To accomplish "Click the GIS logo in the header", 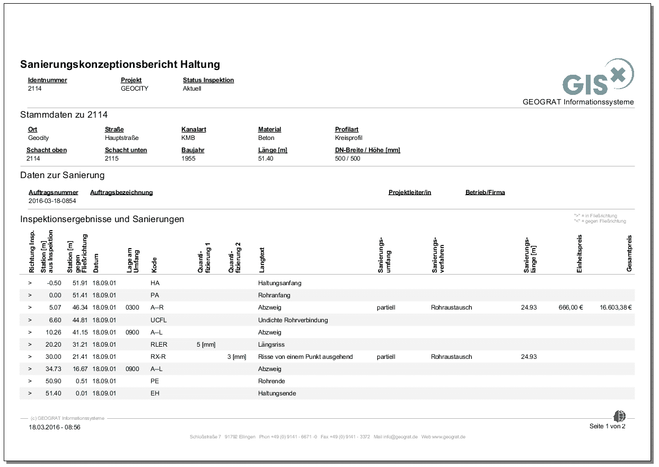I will [598, 78].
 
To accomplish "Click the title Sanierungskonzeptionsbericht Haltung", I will [120, 65].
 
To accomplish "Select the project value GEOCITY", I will [135, 89].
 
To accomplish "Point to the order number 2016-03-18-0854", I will [52, 201].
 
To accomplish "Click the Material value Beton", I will [266, 138].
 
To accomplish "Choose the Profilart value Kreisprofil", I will [349, 138].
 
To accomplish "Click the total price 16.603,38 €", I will [617, 307].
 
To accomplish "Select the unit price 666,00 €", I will [570, 307].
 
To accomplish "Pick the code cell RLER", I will [159, 345].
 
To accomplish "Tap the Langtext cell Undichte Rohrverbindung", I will [293, 320].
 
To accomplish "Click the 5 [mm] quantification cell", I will [206, 345].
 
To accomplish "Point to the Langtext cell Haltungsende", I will [277, 393].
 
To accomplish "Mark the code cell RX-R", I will [159, 357].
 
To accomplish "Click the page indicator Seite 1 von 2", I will [607, 427].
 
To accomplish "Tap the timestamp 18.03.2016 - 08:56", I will [55, 427].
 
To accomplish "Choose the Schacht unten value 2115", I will [112, 158].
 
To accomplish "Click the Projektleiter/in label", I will [409, 192].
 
